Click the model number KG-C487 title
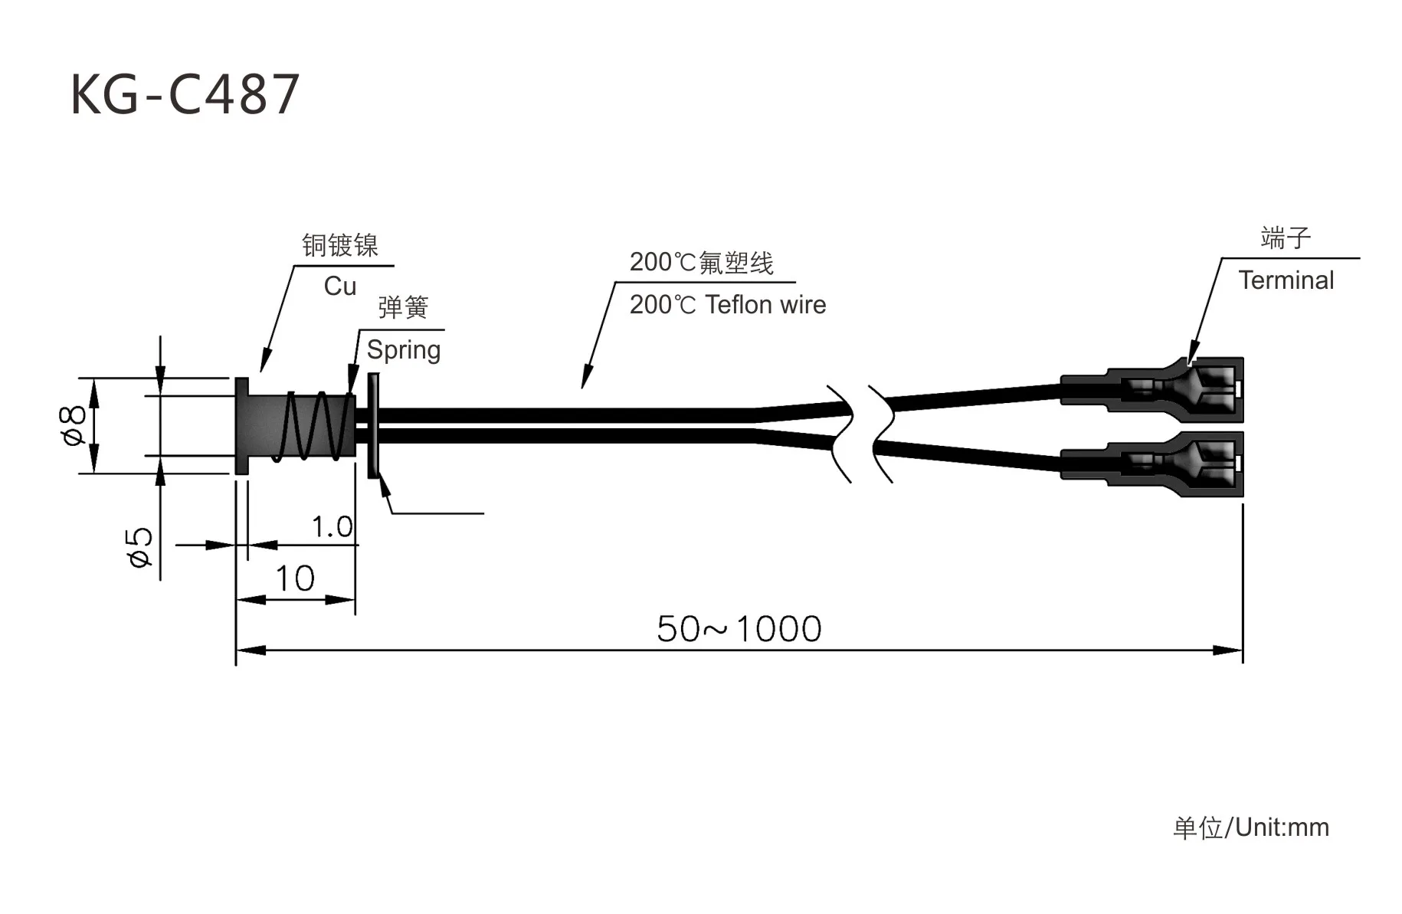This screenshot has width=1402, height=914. coord(185,95)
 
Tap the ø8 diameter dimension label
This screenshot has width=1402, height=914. coord(74,425)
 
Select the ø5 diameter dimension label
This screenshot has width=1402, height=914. coord(140,546)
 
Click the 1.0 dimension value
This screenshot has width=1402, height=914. coord(332,527)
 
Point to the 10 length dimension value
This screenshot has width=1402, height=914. coord(295,578)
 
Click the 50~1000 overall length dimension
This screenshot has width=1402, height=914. coord(739,629)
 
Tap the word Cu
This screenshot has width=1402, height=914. coord(340,287)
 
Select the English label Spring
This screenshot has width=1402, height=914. coord(404,350)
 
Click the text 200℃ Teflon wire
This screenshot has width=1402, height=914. coord(727,305)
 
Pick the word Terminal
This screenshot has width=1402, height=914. coord(1286,280)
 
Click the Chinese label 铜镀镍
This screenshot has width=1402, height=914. coord(340,245)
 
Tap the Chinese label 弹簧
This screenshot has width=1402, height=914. coord(403,308)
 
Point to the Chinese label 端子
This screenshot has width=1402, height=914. coord(1286,238)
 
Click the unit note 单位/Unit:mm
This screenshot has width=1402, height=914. coord(1250,827)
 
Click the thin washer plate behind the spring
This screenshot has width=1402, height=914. coord(374,425)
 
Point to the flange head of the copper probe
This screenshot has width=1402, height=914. coord(241,426)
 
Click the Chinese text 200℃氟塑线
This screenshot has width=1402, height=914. coord(701,263)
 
